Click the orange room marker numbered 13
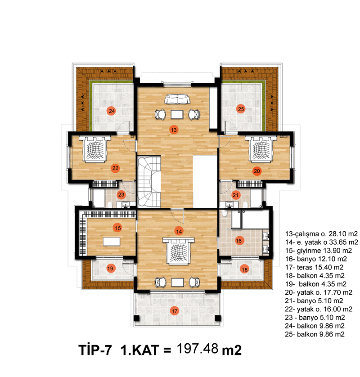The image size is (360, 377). tap(174, 130)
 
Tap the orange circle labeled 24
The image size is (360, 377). tap(112, 111)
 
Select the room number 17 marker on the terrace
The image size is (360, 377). tap(175, 311)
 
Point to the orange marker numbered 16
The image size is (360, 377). tap(238, 240)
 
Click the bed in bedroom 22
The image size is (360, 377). tap(94, 149)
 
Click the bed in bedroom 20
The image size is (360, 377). tap(261, 149)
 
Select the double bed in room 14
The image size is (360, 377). tap(179, 251)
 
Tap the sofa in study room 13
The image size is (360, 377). tap(177, 99)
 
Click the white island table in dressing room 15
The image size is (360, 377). tap(112, 242)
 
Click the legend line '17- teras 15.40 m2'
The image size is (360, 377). tap(314, 267)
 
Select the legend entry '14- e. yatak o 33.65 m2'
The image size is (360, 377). tap(321, 242)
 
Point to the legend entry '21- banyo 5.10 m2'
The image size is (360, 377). tap(314, 301)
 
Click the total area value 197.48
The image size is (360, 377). tap(198, 348)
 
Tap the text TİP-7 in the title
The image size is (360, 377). tap(95, 350)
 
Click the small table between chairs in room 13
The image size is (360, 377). tap(177, 114)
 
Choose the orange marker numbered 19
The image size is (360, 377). tap(110, 268)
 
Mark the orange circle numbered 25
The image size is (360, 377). tap(241, 109)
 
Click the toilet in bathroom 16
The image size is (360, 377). tap(225, 213)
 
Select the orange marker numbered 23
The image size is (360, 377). tap(121, 194)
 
